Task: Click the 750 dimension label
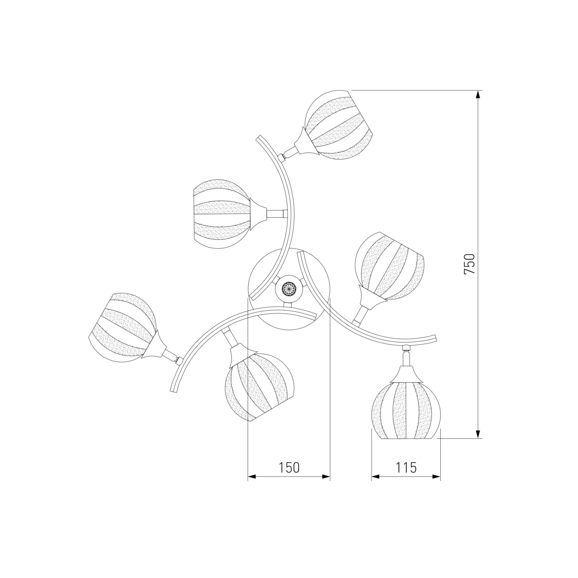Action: click(469, 264)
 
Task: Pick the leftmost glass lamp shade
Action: click(123, 328)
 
